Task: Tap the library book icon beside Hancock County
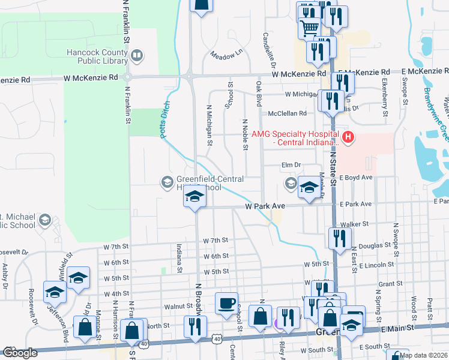(x=137, y=56)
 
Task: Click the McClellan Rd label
(x=288, y=113)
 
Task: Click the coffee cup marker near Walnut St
(x=226, y=303)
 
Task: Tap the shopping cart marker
(x=309, y=27)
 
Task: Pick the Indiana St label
(x=179, y=258)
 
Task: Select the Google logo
(x=20, y=353)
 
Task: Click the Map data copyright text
(x=423, y=355)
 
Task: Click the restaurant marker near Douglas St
(x=339, y=238)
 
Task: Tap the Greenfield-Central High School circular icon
(x=166, y=181)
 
